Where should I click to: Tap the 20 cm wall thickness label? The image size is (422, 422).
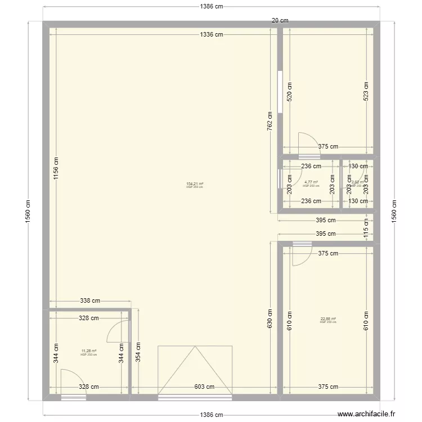pos(280,20)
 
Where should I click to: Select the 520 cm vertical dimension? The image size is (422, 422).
pos(290,91)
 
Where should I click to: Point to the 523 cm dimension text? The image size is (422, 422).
pos(367,91)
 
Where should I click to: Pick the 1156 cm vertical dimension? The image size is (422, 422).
pos(55,167)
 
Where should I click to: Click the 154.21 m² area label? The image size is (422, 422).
pos(195,184)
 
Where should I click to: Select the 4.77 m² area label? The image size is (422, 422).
pos(311,182)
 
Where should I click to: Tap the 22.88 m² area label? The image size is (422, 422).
pos(328,319)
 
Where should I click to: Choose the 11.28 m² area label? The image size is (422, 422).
pos(89,351)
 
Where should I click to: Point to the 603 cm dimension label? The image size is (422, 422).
pos(204,387)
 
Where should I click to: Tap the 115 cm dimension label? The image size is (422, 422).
pos(366,226)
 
